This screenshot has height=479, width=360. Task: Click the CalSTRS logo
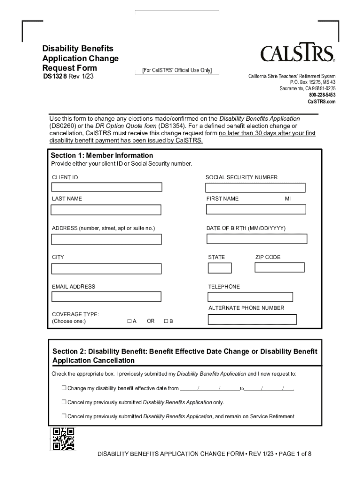(297, 54)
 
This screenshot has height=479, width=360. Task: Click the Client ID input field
(107, 187)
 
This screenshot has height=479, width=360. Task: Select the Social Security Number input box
(255, 188)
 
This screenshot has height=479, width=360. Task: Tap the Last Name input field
(106, 210)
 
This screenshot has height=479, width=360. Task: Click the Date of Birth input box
(257, 239)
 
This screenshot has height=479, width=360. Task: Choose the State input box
(220, 268)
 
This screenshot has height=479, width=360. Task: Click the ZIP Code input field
(279, 268)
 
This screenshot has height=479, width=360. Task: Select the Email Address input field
(106, 297)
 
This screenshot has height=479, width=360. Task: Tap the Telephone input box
(250, 297)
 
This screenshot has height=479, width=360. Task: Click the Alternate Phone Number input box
(252, 319)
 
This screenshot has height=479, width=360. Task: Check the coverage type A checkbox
(129, 322)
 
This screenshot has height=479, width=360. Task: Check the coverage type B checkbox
(166, 322)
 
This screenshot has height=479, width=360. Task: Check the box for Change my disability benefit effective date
(64, 388)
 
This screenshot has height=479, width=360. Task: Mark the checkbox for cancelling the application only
(64, 402)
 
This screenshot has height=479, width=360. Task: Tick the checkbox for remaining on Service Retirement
(64, 416)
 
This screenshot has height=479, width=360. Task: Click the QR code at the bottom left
(63, 439)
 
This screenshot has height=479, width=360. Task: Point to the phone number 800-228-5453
(322, 95)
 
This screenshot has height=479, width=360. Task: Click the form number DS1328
(55, 77)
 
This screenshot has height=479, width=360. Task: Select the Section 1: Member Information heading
(102, 155)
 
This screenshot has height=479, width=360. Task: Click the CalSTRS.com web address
(321, 102)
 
